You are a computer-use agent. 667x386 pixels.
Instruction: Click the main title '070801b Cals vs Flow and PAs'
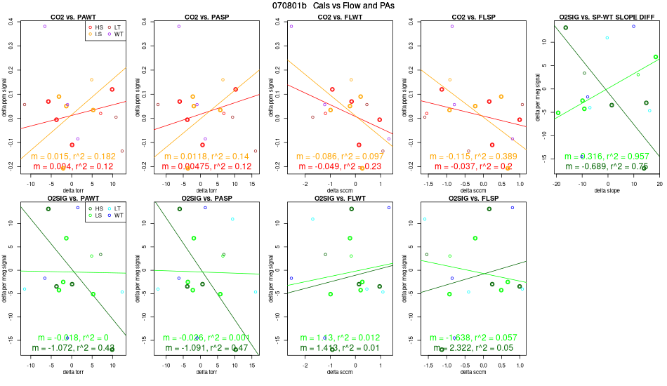point(333,6)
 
